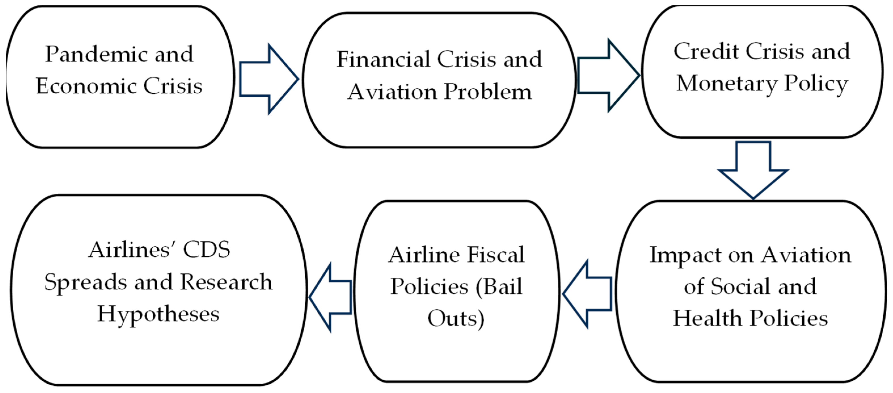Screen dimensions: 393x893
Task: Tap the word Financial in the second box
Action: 383,59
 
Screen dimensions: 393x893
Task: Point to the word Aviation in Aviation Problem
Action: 392,92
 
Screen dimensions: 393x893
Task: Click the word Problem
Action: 488,92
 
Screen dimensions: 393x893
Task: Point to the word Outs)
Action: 456,318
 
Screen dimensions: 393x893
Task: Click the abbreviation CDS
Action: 207,250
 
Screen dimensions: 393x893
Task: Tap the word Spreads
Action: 86,282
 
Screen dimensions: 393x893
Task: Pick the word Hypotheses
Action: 158,314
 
